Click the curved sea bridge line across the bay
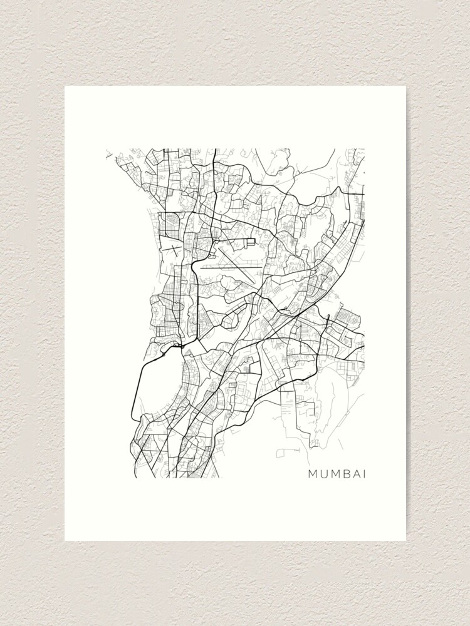[x=134, y=388]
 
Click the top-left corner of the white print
[x=65, y=86]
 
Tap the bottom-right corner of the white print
[x=405, y=540]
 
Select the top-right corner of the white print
[x=405, y=86]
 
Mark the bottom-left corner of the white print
[x=65, y=540]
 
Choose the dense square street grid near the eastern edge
[x=347, y=319]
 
